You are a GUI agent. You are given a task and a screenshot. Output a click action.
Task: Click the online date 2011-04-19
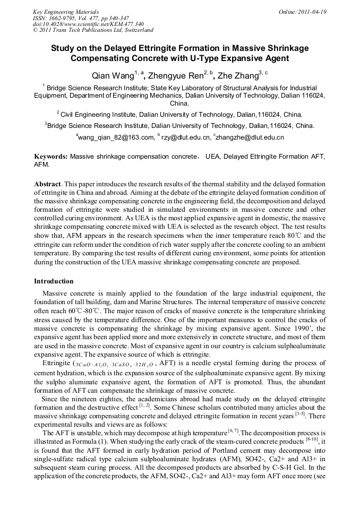tap(314, 11)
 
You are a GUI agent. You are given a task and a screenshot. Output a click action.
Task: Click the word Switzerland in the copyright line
tap(137, 30)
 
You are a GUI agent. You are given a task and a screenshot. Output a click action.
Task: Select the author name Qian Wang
tap(112, 76)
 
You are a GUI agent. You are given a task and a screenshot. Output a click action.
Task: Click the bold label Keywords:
tap(51, 157)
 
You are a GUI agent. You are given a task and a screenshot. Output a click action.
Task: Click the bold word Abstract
tap(48, 183)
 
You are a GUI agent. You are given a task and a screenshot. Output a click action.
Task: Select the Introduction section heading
tap(54, 281)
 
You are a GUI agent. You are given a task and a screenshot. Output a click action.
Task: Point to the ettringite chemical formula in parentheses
tap(113, 364)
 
